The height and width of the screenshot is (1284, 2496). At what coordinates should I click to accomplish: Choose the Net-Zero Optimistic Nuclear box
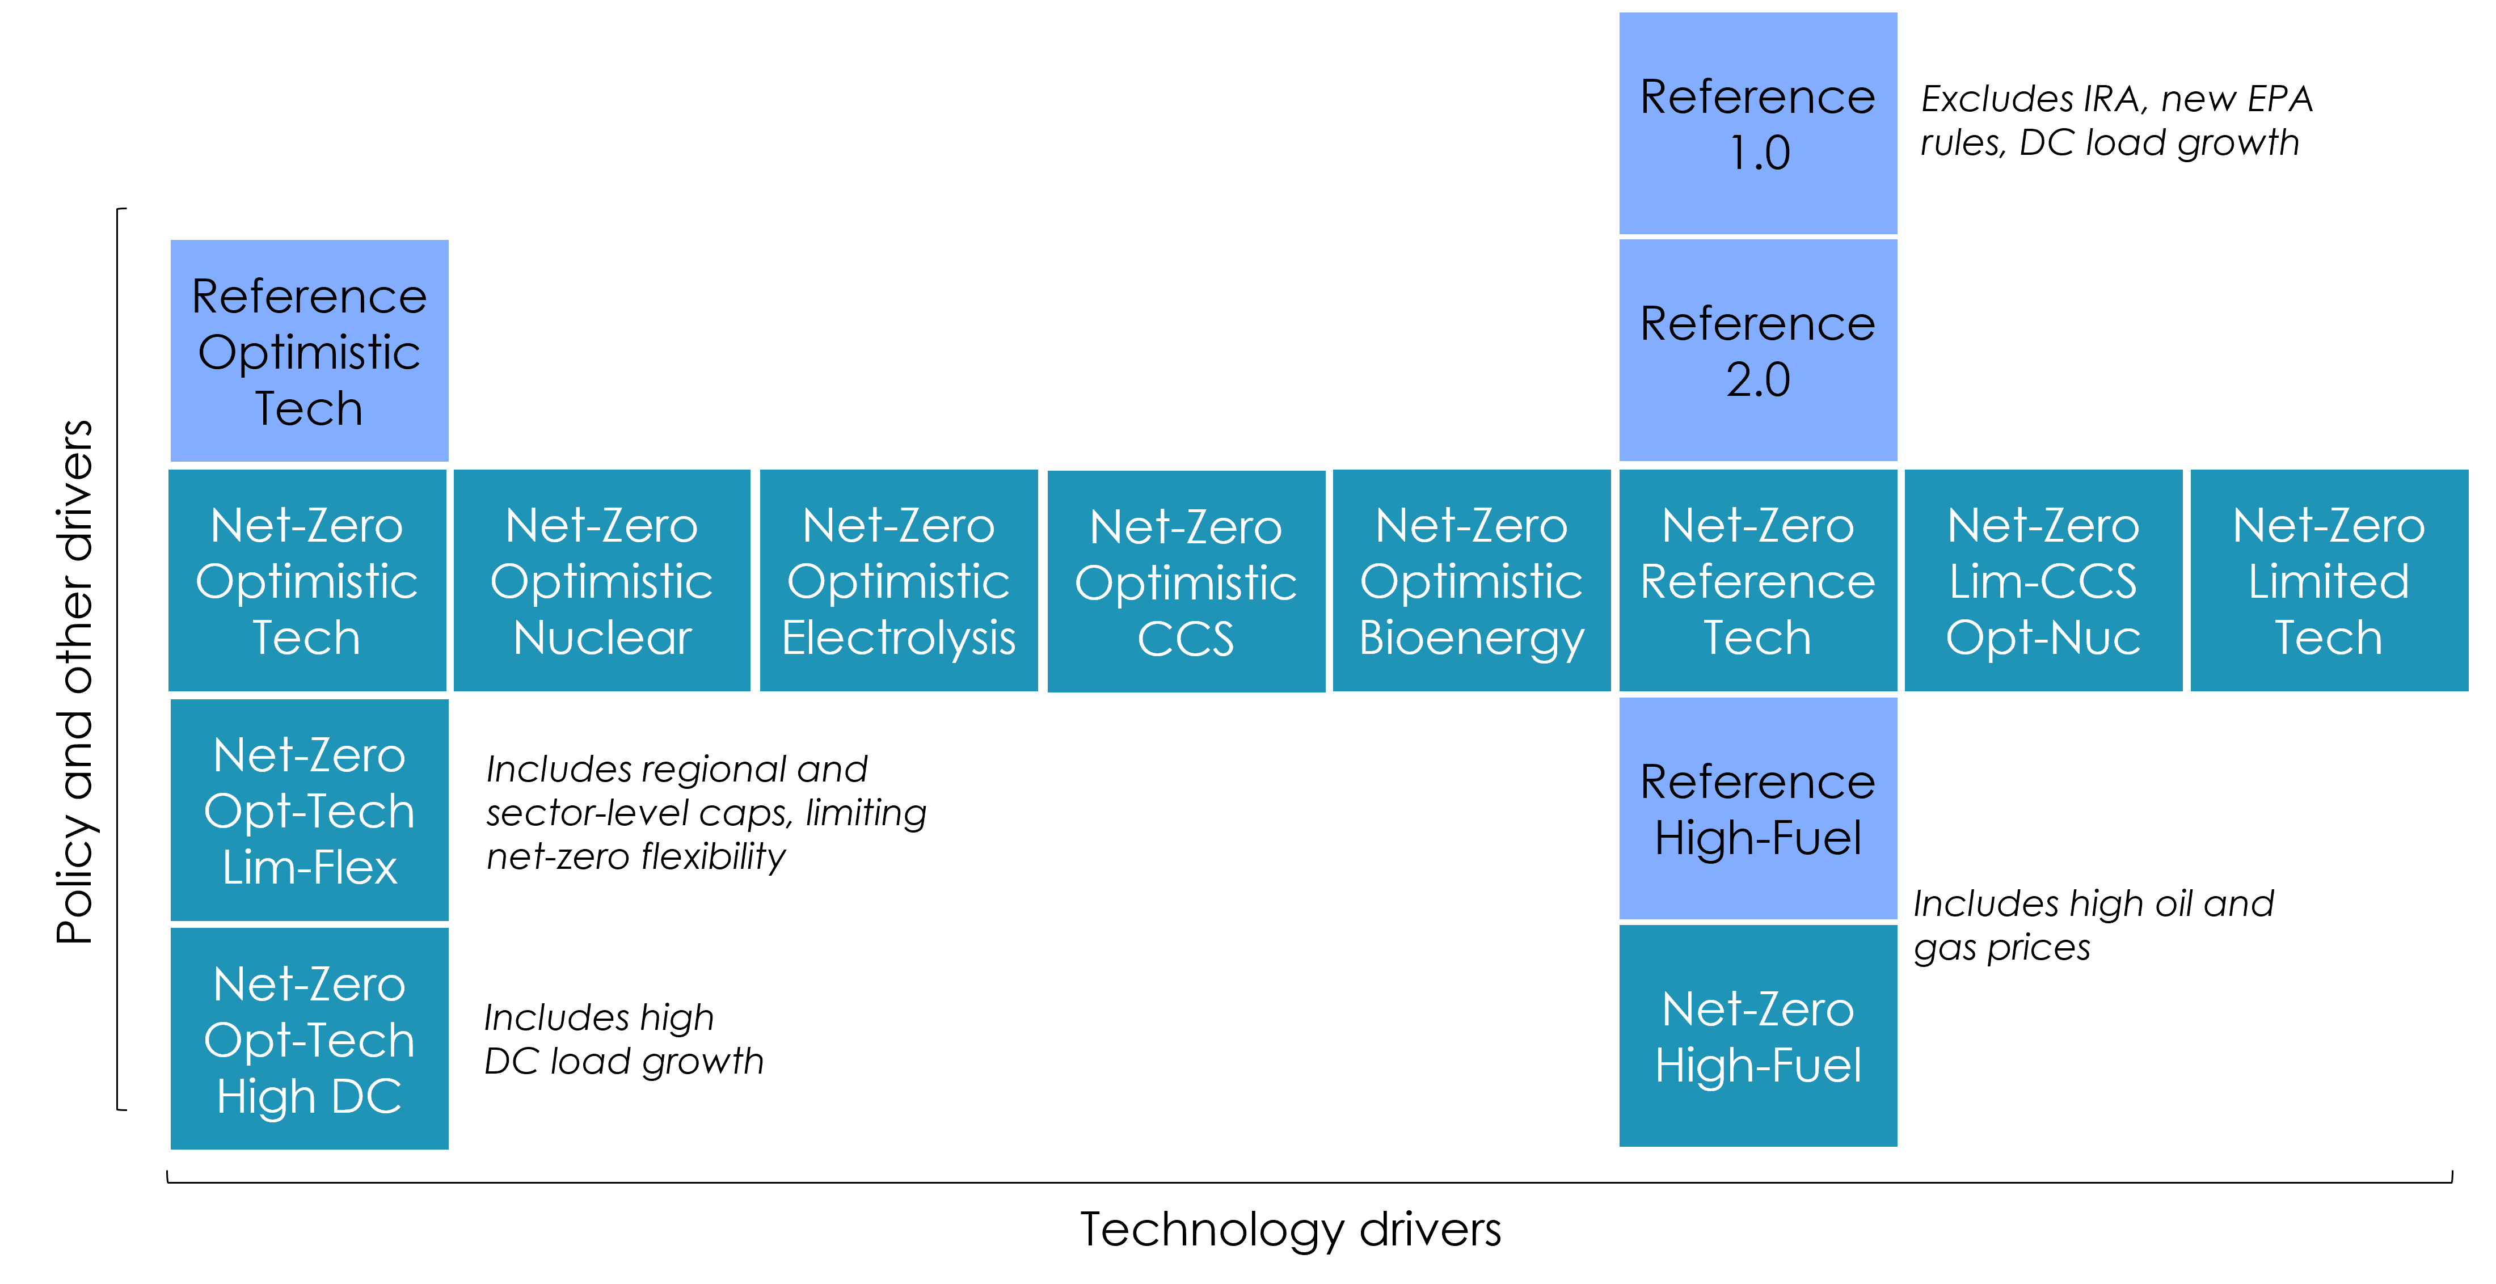tap(602, 580)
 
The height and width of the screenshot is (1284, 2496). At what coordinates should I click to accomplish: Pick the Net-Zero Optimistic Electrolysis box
tap(898, 580)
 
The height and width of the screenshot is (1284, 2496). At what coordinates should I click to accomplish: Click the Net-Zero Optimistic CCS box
tap(1186, 581)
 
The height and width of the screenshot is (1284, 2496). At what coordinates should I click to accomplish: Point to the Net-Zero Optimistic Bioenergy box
tap(1471, 580)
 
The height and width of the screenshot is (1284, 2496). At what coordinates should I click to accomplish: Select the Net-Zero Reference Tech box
tap(1757, 580)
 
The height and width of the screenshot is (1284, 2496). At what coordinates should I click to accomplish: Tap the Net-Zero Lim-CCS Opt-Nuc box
tap(2043, 580)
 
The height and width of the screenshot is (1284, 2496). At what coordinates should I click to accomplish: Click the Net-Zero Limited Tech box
tap(2329, 580)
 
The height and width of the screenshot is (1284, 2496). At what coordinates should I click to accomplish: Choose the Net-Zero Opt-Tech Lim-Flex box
tap(309, 810)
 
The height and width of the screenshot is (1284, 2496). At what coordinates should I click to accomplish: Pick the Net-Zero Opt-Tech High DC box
tap(309, 1039)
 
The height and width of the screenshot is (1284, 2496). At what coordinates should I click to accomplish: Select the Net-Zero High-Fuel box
tap(1757, 1036)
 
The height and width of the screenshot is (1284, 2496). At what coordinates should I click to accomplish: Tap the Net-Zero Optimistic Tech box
tap(307, 580)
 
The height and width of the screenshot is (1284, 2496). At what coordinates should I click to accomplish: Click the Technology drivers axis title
tap(1291, 1229)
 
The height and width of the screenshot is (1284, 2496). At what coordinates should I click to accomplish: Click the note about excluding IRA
tap(2116, 120)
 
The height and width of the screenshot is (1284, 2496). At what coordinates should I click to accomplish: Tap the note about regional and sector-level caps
tap(705, 812)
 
